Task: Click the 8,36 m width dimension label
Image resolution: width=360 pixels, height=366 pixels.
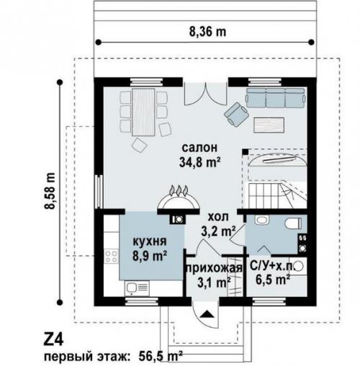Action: (208, 32)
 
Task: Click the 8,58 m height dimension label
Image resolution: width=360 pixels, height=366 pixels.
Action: (50, 192)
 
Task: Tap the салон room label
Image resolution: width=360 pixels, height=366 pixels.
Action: (199, 148)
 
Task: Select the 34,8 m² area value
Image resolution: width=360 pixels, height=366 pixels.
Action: (199, 162)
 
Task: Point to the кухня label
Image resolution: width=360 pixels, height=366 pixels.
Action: (150, 241)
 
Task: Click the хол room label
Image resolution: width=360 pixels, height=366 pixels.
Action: (218, 217)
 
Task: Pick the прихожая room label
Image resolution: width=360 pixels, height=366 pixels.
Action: (215, 268)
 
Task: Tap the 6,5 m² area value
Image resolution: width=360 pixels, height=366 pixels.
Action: (273, 280)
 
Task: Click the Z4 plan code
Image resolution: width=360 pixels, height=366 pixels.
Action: (53, 339)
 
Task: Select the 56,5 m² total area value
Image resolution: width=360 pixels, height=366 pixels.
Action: (161, 357)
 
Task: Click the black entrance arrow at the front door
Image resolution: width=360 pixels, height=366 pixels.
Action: (206, 314)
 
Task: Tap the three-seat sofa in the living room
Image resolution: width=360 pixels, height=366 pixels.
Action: (275, 98)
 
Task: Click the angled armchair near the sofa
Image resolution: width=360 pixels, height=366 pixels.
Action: (236, 114)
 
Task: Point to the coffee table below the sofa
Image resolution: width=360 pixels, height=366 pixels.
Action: (269, 125)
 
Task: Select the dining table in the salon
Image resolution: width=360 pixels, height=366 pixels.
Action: (143, 112)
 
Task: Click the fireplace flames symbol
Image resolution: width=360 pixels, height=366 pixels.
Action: (179, 191)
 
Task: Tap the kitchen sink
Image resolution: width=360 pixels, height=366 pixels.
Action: (137, 288)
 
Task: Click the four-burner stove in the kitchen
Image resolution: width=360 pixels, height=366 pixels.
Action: (112, 256)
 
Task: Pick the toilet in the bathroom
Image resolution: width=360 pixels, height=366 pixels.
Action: (293, 223)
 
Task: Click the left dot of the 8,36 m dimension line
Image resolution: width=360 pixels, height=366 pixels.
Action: (98, 43)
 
